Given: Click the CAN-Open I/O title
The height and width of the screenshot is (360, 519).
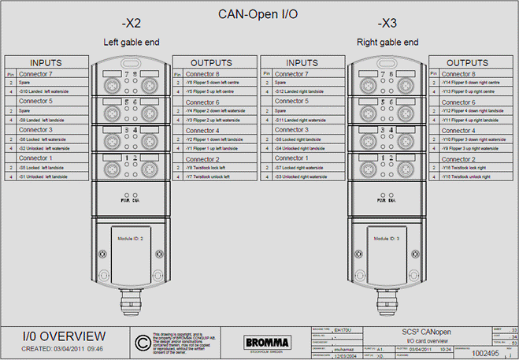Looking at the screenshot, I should (x=260, y=13).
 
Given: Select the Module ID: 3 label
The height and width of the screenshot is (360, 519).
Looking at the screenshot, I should (x=387, y=236).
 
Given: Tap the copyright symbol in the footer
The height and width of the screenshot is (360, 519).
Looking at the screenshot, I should (x=142, y=341).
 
